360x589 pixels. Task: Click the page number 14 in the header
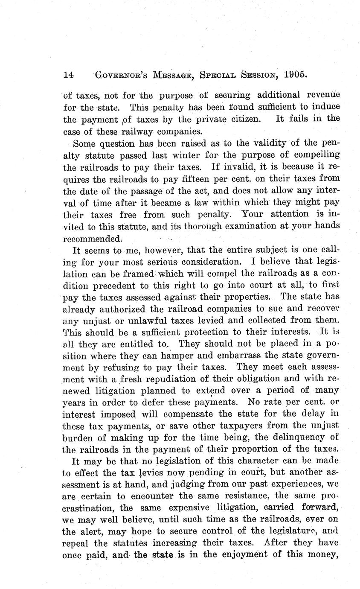pos(68,75)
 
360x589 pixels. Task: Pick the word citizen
pos(242,120)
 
